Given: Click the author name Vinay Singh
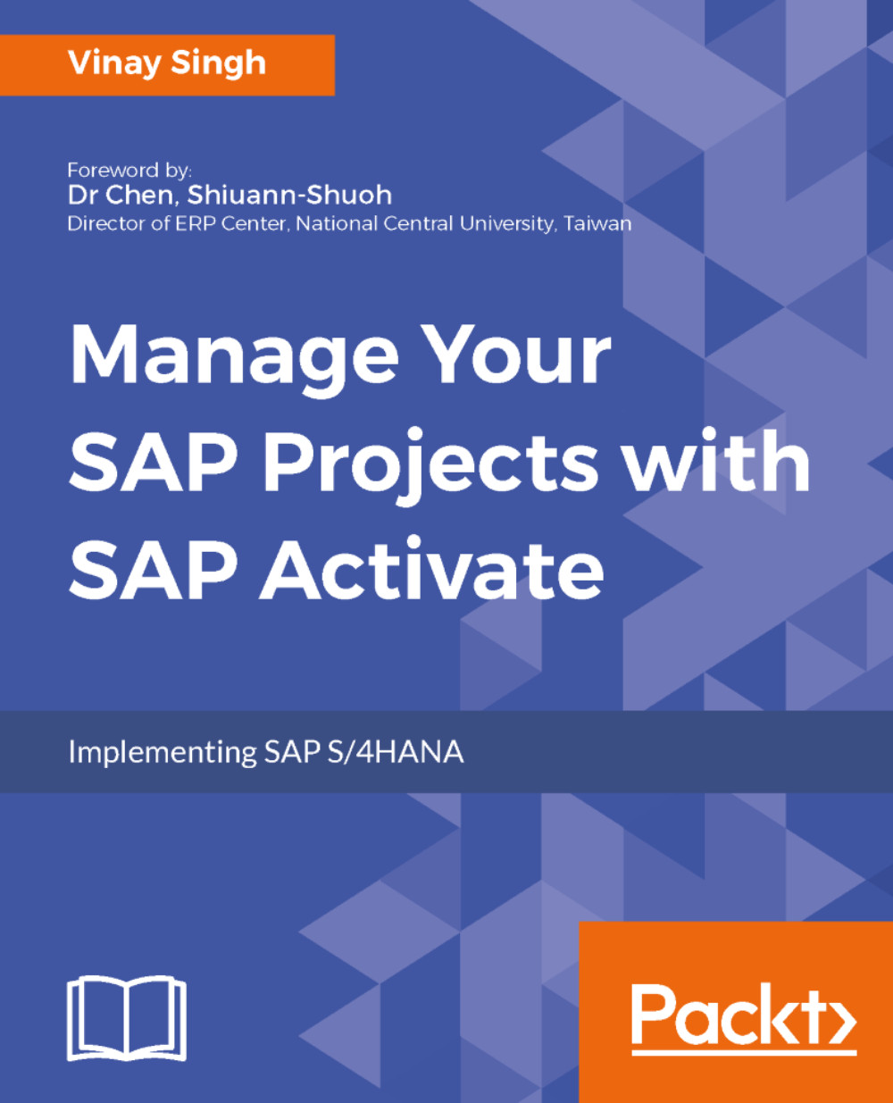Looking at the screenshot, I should [x=167, y=64].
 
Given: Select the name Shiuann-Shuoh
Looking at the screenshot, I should [x=289, y=196].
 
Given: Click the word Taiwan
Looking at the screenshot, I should [x=597, y=223].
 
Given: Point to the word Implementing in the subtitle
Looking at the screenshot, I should [x=162, y=752].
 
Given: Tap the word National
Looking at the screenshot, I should [x=333, y=223].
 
